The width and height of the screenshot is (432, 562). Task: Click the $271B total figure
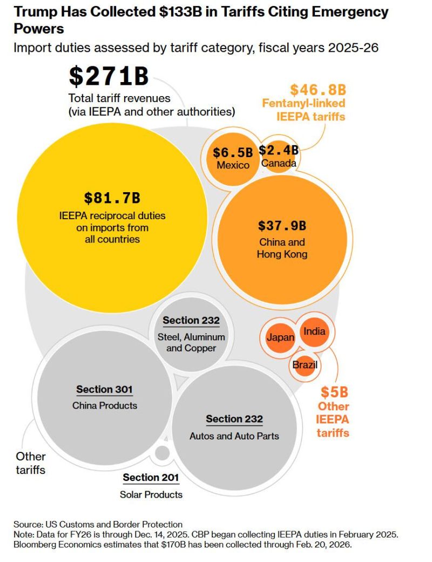pyautogui.click(x=108, y=77)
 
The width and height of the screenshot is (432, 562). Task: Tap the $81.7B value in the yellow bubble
pyautogui.click(x=112, y=198)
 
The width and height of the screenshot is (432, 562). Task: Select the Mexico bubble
pyautogui.click(x=233, y=158)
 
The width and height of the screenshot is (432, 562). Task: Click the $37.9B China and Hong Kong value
pyautogui.click(x=281, y=225)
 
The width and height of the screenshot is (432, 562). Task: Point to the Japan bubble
pyautogui.click(x=280, y=338)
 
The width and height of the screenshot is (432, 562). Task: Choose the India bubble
pyautogui.click(x=314, y=331)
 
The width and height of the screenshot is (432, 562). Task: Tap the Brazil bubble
pyautogui.click(x=305, y=365)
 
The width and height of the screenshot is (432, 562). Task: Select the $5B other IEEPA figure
pyautogui.click(x=333, y=391)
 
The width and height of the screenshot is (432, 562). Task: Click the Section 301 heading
pyautogui.click(x=104, y=389)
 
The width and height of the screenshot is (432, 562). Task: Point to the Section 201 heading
pyautogui.click(x=151, y=477)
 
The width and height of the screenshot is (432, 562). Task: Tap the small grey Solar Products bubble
pyautogui.click(x=161, y=453)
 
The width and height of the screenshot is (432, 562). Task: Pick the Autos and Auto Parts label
pyautogui.click(x=234, y=435)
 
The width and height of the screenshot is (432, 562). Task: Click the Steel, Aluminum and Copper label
pyautogui.click(x=191, y=342)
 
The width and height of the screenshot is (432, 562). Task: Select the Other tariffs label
pyautogui.click(x=31, y=463)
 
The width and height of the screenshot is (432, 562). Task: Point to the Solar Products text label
pyautogui.click(x=151, y=494)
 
